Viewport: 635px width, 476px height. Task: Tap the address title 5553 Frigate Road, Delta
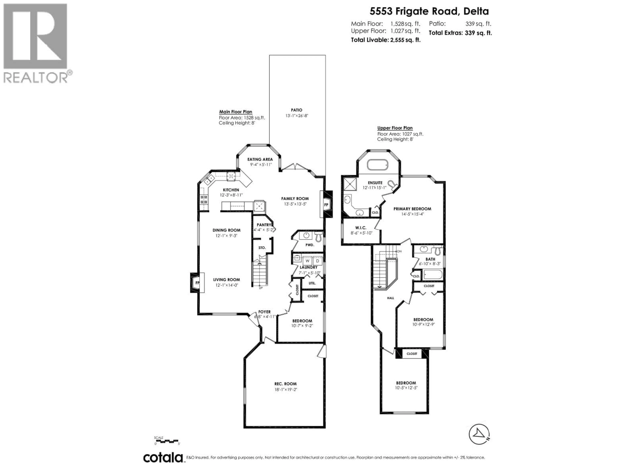pyautogui.click(x=429, y=11)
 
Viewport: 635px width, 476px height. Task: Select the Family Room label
pyautogui.click(x=295, y=198)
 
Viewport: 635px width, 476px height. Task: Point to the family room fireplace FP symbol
pyautogui.click(x=326, y=205)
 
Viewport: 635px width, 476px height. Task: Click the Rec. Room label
pyautogui.click(x=285, y=384)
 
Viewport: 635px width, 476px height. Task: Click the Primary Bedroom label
pyautogui.click(x=412, y=209)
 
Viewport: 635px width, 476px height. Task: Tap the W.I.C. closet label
pyautogui.click(x=360, y=228)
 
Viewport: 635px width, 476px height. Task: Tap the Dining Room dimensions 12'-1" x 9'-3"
pyautogui.click(x=227, y=236)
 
